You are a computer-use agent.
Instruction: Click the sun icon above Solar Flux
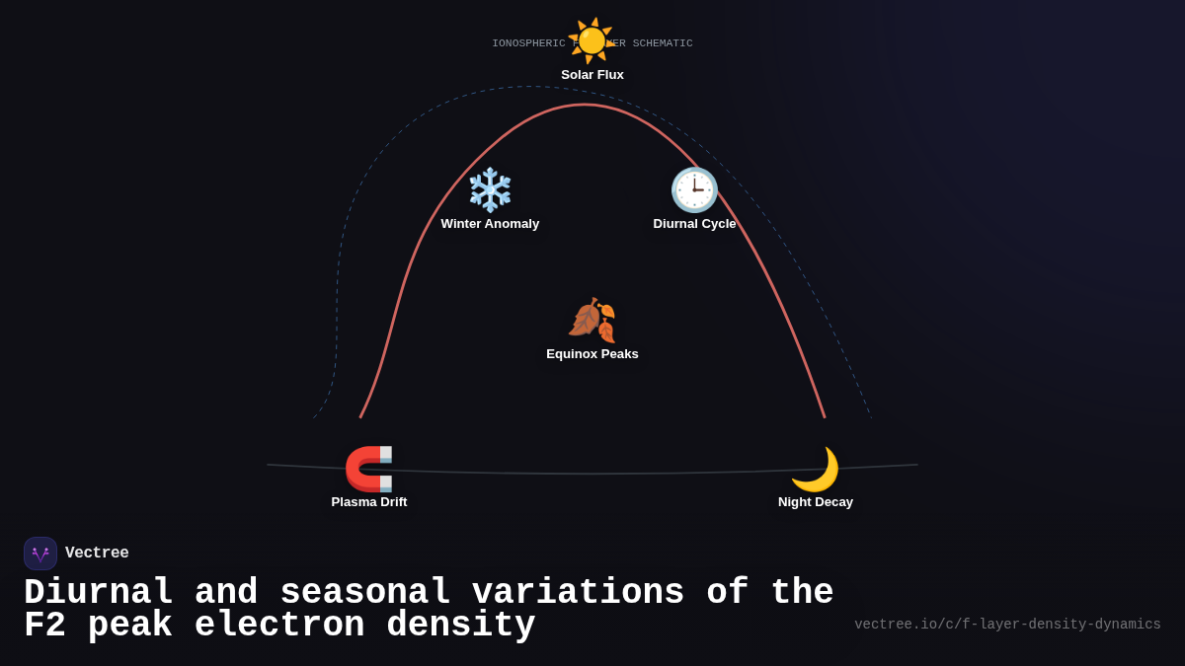592,40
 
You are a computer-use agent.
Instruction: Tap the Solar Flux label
592,75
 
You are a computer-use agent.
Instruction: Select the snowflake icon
490,189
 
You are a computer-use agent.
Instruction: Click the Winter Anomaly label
490,224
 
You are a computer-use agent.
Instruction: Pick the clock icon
694,189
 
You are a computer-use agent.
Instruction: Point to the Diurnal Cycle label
694,224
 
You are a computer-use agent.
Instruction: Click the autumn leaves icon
592,320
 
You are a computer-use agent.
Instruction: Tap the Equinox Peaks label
592,354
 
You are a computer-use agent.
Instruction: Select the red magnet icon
368,469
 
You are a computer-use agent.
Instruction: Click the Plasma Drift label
369,502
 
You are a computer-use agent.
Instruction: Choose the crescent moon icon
815,469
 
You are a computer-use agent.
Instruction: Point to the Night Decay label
816,502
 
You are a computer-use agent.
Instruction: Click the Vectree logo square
40,554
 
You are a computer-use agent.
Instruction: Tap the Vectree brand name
97,554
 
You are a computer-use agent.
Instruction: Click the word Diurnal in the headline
99,593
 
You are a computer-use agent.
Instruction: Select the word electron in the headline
279,626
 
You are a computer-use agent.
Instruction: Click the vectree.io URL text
1007,625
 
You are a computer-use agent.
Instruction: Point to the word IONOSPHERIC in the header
528,43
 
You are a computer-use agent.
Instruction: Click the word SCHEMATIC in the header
663,43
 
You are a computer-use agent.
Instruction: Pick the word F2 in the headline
44,626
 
